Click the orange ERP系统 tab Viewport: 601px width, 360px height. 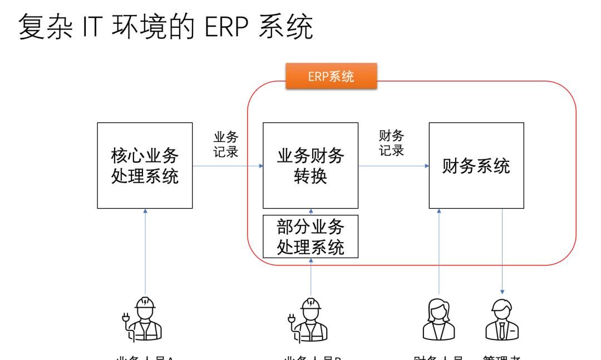click(x=332, y=78)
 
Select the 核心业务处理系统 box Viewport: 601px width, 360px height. click(x=145, y=166)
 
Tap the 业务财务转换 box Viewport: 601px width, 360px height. click(x=311, y=166)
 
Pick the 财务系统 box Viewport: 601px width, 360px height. click(x=476, y=166)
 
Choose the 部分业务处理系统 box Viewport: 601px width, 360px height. click(x=311, y=236)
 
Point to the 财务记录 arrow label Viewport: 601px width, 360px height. click(x=391, y=144)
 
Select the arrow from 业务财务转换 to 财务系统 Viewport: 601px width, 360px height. click(x=393, y=166)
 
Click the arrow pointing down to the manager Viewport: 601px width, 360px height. click(x=503, y=250)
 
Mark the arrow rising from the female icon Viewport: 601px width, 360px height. click(x=439, y=250)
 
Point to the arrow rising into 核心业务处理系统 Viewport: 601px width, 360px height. click(x=145, y=250)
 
